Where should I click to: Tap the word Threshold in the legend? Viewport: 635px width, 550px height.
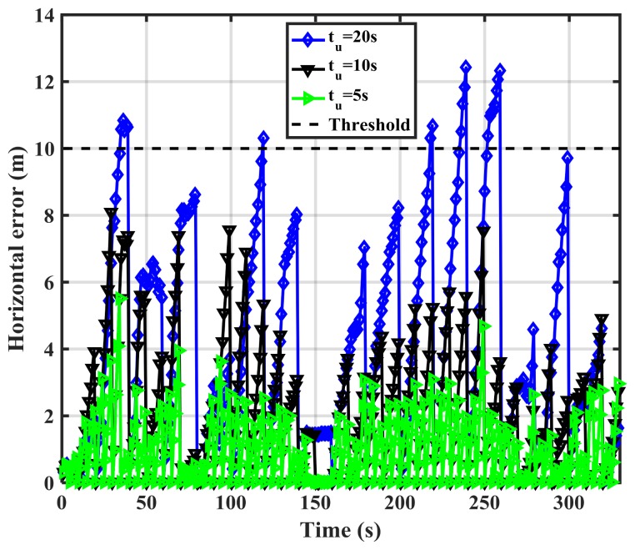pos(370,124)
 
